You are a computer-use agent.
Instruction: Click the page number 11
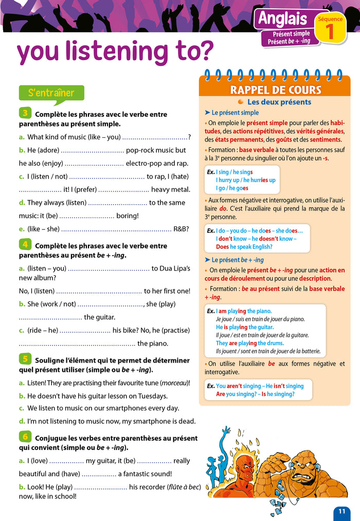click(x=342, y=511)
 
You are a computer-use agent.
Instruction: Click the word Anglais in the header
click(x=282, y=19)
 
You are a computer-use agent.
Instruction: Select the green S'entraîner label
click(x=51, y=93)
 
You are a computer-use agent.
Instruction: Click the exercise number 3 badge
click(x=25, y=113)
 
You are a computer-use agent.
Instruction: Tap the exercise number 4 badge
click(x=25, y=244)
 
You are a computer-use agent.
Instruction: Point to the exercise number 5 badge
click(x=25, y=359)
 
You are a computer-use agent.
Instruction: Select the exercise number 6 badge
click(x=25, y=437)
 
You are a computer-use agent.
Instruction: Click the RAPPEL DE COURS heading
click(x=275, y=90)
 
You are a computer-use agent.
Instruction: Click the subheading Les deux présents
click(x=279, y=102)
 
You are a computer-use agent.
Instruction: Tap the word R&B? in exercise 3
click(x=181, y=229)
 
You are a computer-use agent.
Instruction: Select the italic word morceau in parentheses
click(x=174, y=383)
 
